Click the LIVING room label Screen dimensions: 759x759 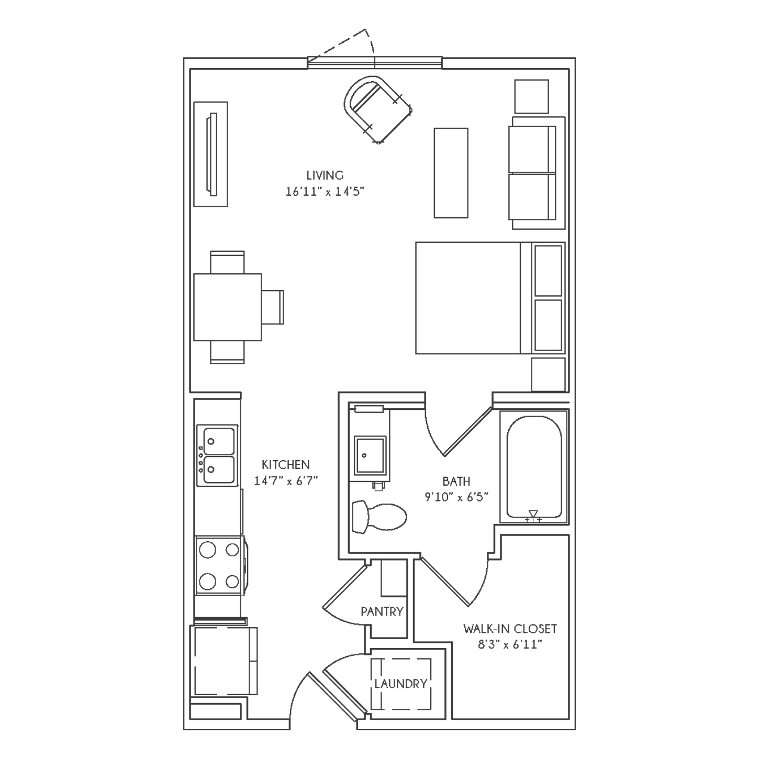325,175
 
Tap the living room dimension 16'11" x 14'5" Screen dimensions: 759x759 325,192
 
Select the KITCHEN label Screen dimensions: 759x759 286,465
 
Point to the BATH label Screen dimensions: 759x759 456,482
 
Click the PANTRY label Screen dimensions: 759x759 382,611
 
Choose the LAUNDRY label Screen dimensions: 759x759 401,684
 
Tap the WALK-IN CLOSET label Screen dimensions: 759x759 510,628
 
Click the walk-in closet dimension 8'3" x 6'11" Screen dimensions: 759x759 510,645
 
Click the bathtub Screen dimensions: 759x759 534,467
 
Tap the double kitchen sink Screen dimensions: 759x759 218,455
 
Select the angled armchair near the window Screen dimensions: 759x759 377,109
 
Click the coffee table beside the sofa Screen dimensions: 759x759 451,173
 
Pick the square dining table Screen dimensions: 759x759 227,307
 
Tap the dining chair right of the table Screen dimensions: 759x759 273,307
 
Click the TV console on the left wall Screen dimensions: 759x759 211,154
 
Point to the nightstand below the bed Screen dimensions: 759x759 548,374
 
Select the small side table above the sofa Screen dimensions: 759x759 531,96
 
